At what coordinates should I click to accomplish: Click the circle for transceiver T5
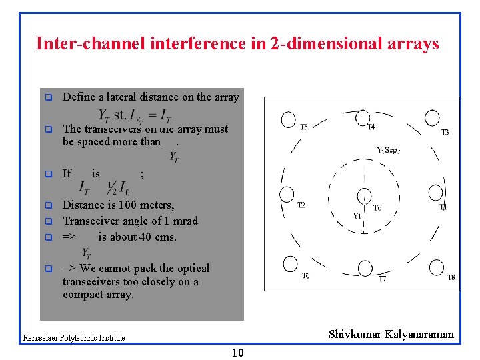pos(287,119)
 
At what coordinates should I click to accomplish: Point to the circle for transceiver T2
pos(287,195)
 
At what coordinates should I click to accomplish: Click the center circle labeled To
pos(364,197)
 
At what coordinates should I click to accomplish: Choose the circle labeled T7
pos(364,267)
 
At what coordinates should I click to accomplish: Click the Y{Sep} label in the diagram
pos(389,149)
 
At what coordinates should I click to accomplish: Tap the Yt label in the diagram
pos(357,215)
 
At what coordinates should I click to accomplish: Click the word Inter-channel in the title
pos(79,44)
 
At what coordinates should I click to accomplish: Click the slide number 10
pos(237,353)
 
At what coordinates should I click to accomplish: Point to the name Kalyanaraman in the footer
pos(419,334)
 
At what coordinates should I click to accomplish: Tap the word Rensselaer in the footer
pos(41,338)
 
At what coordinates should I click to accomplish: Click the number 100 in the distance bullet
pos(128,205)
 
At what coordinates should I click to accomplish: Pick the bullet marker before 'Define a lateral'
pos(48,97)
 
